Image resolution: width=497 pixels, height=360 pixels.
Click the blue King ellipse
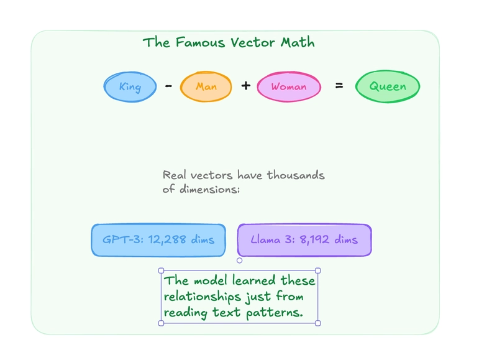coord(130,86)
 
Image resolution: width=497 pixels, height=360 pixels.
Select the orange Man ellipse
coord(206,86)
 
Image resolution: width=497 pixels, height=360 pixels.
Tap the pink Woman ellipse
coord(288,86)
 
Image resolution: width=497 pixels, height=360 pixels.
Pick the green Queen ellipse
coord(388,86)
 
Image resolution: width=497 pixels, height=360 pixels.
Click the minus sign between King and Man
coord(168,86)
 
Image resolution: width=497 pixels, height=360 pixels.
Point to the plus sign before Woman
coord(246,86)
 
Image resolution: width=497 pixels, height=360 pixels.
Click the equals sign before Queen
coord(339,86)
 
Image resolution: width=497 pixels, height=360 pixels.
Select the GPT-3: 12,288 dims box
coord(158,239)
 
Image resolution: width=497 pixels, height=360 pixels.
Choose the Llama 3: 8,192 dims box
coord(304,239)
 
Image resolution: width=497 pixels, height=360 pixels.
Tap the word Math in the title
coord(297,43)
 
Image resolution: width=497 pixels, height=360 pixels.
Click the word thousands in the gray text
coord(296,175)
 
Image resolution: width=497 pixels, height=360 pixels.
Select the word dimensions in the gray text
coord(208,190)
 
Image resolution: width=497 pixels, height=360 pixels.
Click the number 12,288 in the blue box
coord(168,239)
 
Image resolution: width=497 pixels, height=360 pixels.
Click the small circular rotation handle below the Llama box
coord(239,261)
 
